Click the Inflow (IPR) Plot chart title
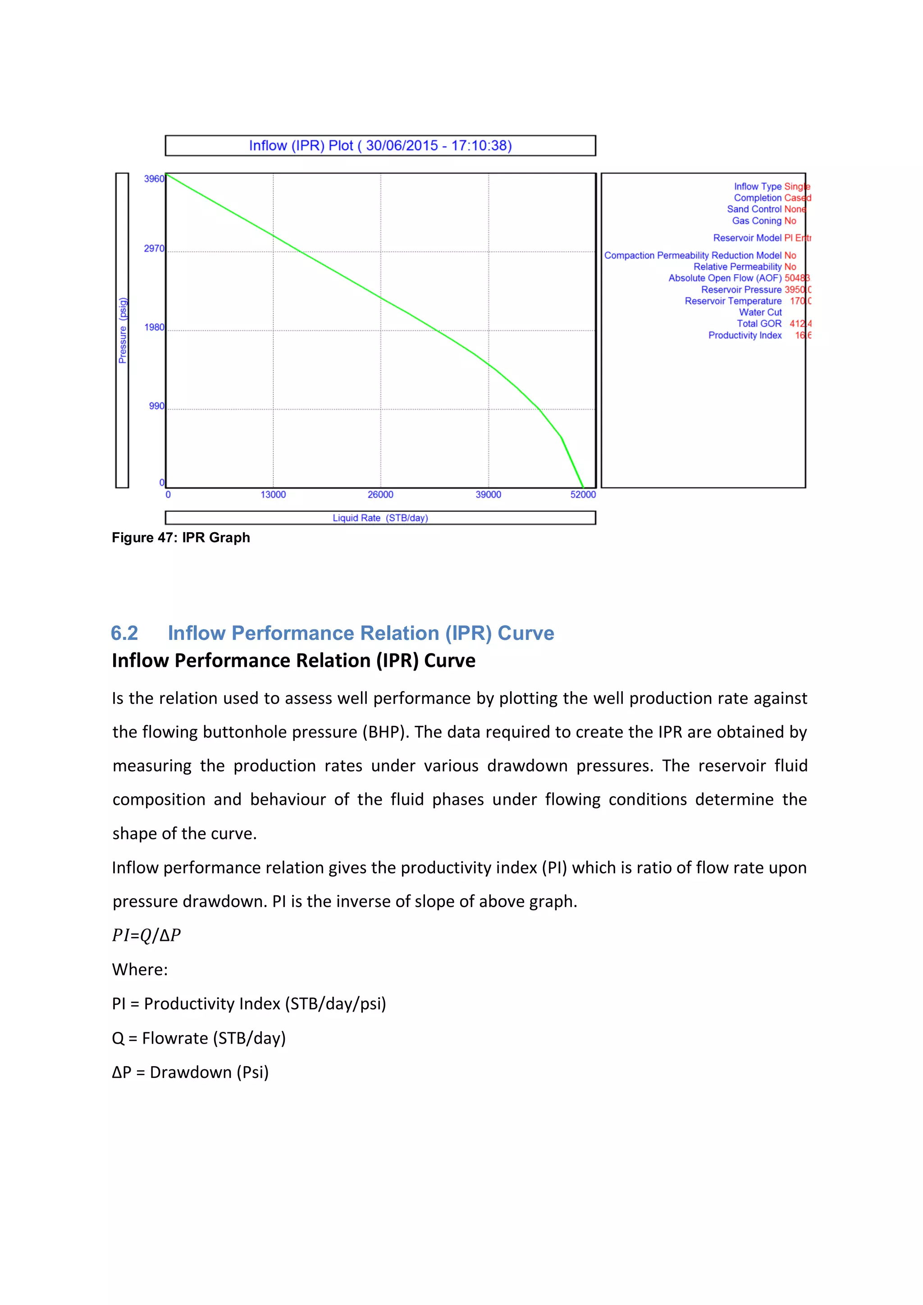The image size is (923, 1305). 380,146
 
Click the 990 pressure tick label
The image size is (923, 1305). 156,406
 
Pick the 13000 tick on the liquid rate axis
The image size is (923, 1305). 273,494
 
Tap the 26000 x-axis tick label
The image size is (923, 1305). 380,494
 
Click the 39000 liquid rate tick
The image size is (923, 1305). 488,494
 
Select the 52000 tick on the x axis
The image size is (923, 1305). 583,494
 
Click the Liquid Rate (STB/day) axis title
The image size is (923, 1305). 380,518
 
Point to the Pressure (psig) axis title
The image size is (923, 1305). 123,330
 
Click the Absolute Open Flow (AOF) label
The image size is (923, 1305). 725,278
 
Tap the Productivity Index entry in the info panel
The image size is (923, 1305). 745,335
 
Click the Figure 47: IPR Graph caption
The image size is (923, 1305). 181,538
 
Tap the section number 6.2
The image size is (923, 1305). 124,633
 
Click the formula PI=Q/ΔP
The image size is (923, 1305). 146,935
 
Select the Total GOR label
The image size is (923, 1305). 759,324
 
